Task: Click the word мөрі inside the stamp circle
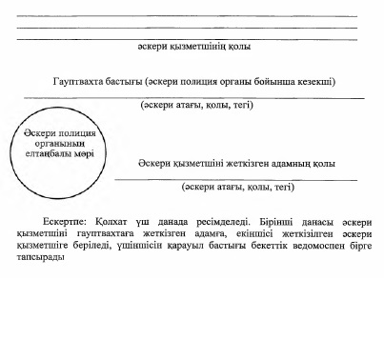coord(86,153)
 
